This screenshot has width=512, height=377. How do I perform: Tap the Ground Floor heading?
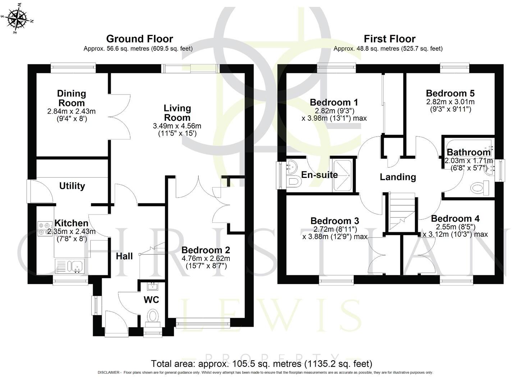coord(140,39)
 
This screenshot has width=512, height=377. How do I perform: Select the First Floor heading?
coord(389,39)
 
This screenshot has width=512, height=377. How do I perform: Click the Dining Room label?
coord(72,98)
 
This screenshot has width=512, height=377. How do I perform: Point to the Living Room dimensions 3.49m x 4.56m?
coord(177,126)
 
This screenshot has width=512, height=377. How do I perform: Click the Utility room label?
coord(72,186)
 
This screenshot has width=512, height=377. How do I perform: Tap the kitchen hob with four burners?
coord(45,229)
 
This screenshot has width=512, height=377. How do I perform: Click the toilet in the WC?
coord(153,317)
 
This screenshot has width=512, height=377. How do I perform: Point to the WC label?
coord(151,300)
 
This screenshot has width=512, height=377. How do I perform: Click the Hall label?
coord(124,256)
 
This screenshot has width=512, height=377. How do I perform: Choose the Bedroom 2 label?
coord(206,250)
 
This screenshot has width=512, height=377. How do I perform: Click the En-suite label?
coord(319,175)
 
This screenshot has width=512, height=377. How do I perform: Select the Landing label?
coord(398,177)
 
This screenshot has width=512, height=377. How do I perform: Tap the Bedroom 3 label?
coord(335,221)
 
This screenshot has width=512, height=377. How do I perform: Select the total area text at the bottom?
coord(261,364)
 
